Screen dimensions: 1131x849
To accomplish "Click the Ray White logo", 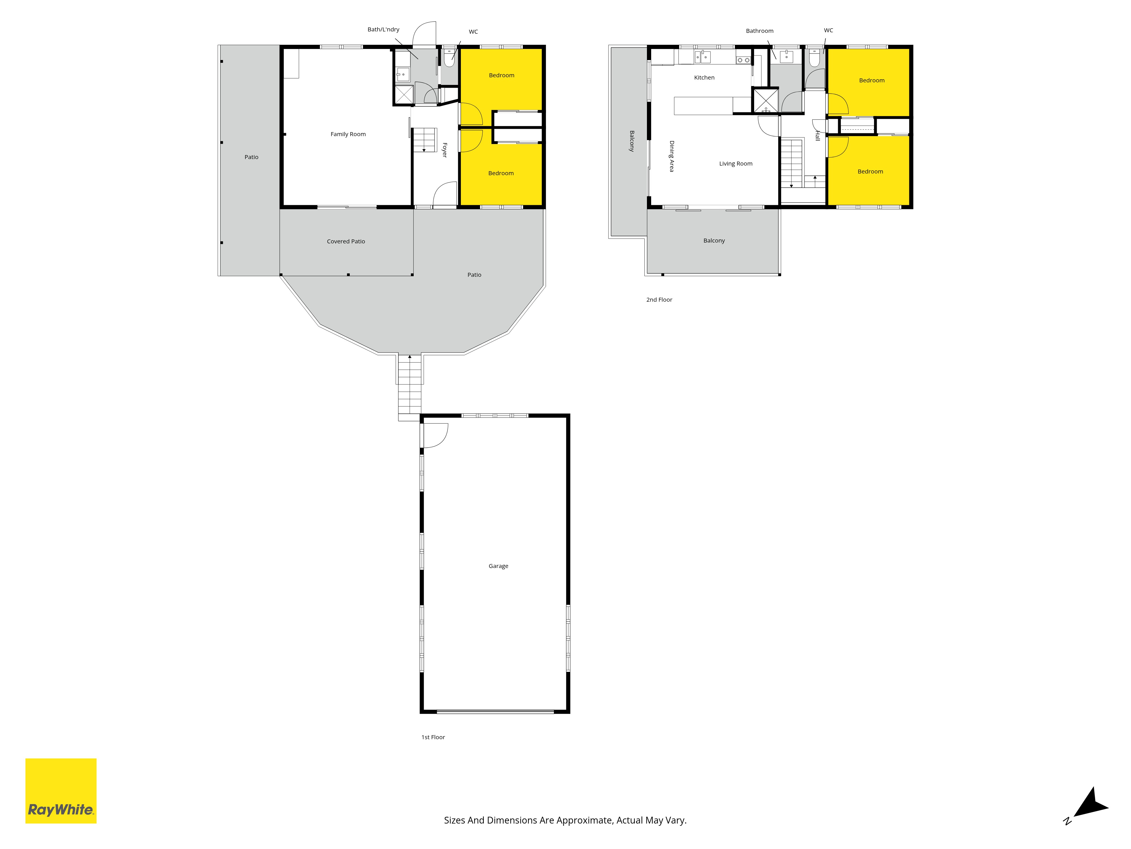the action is click(61, 791).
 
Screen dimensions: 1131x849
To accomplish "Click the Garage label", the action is click(498, 566).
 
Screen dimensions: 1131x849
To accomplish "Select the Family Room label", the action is click(348, 134).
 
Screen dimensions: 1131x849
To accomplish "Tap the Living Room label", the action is click(736, 164).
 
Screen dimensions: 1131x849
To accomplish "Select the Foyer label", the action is click(444, 150).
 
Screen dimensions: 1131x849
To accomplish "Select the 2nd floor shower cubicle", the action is click(765, 100).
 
